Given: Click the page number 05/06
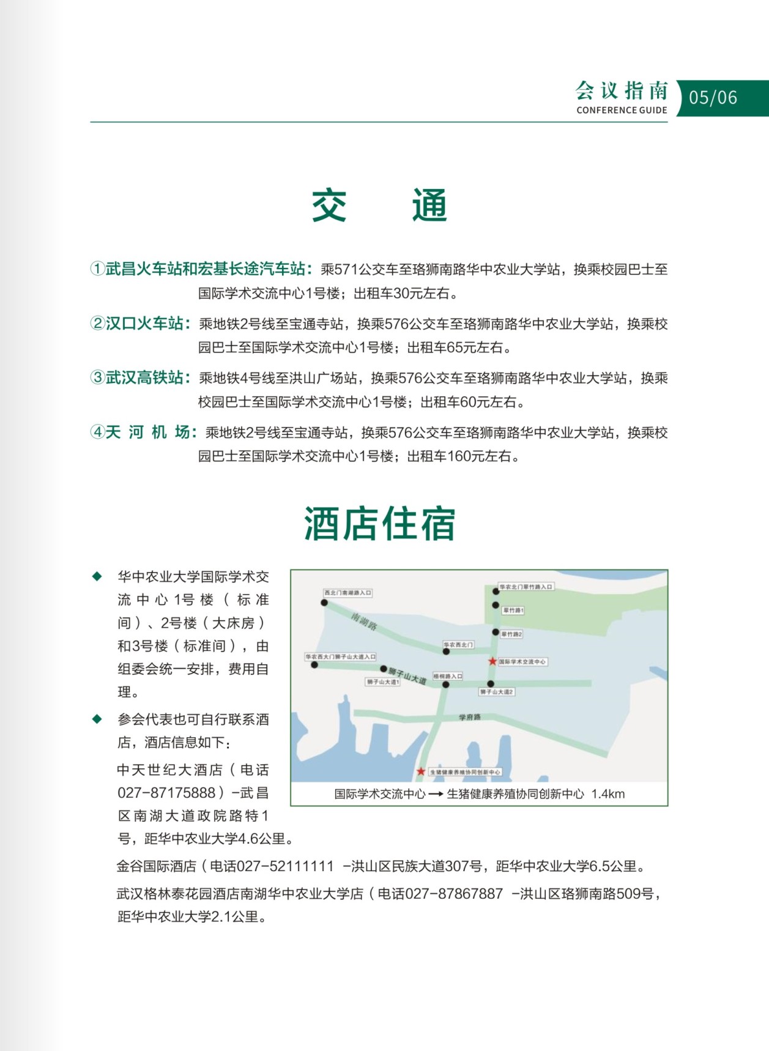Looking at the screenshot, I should point(713,98).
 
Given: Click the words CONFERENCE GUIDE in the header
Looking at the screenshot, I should point(622,110).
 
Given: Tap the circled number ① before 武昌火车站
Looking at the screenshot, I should point(97,269).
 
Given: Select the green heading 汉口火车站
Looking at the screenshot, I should point(144,323).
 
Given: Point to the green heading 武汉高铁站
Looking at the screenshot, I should point(144,377).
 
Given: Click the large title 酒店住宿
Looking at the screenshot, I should point(380,524).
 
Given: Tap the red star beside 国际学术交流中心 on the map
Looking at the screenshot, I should point(492,661).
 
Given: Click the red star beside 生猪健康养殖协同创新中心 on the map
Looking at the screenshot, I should point(421,771).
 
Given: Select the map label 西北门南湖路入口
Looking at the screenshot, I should point(347,593).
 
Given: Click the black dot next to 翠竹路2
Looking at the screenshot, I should point(496,633).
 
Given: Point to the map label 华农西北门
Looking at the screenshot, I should point(458,645).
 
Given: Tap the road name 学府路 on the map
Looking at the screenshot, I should point(470,717).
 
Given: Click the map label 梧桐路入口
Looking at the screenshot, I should point(448,676).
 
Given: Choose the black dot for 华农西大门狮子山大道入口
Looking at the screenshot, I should point(314,665).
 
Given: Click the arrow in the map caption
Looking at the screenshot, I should point(436,794).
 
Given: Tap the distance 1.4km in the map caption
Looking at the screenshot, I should point(607,794).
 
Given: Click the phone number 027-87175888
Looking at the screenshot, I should point(166,793).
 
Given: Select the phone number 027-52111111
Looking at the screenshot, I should point(285,866).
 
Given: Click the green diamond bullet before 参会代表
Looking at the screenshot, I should point(97,719).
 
